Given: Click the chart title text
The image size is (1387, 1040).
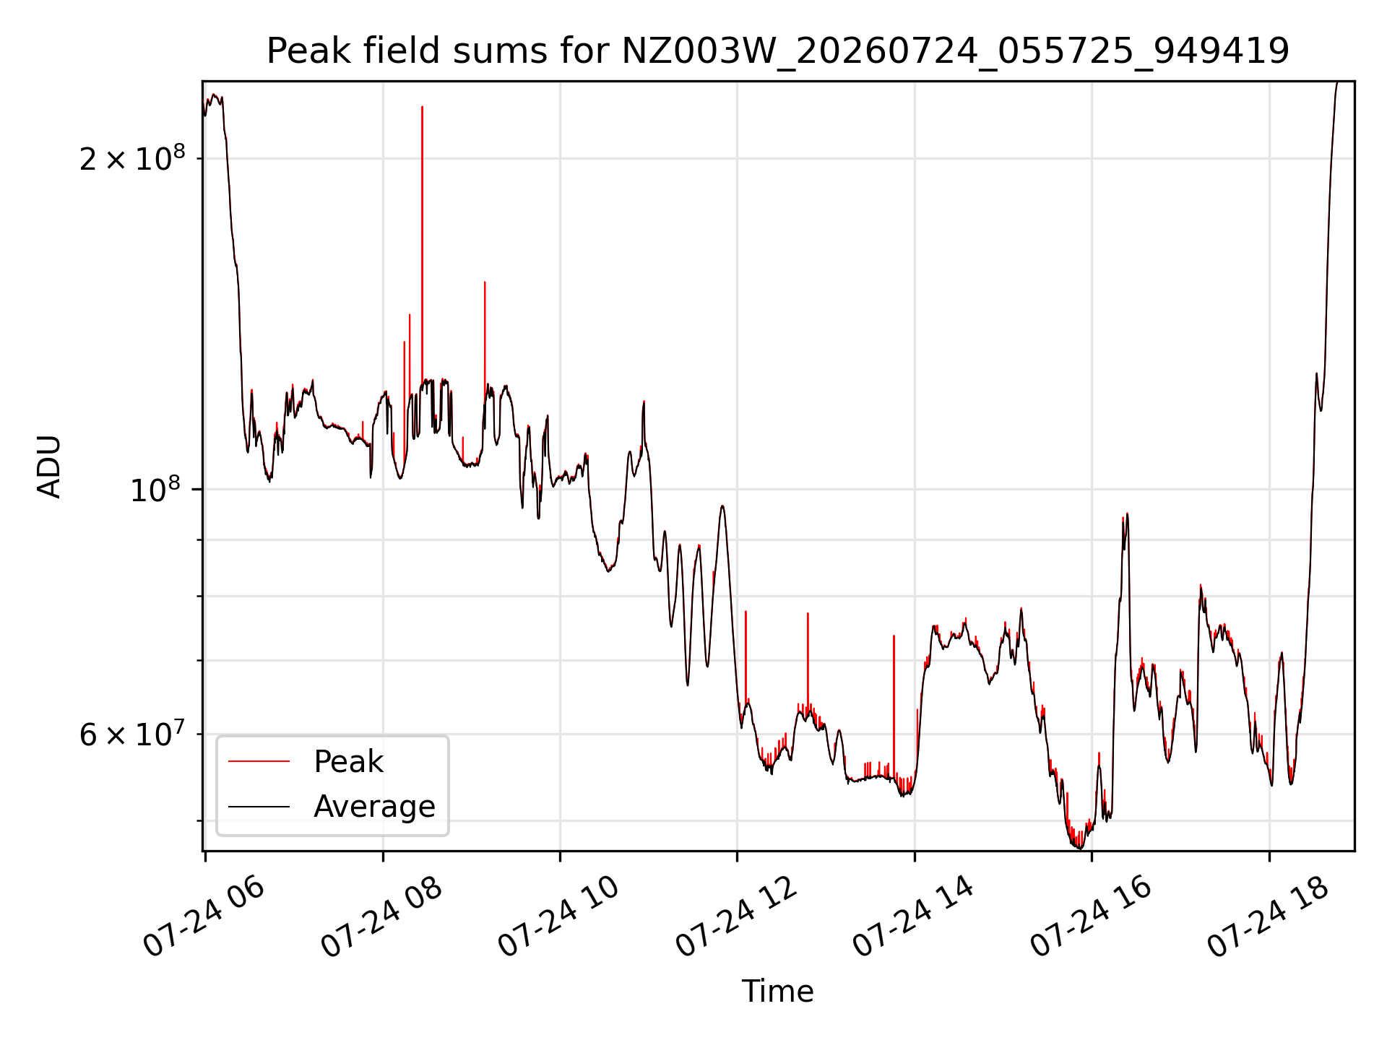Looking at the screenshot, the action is [778, 51].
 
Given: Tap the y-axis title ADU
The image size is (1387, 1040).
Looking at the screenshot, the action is [49, 467].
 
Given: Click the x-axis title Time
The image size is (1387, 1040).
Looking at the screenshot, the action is [778, 991].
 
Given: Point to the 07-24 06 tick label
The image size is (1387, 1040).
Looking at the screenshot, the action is [204, 916].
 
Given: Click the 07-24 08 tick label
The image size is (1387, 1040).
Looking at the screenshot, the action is [381, 916].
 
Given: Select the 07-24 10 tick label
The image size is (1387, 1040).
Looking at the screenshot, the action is [559, 916].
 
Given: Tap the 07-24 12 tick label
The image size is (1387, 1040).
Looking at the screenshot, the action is [736, 916].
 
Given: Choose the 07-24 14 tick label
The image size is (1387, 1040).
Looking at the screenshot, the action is [914, 916].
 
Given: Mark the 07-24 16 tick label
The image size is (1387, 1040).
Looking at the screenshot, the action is [1091, 916].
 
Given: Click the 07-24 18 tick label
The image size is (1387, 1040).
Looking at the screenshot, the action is [1269, 916].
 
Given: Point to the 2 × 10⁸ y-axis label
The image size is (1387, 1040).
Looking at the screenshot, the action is [132, 157].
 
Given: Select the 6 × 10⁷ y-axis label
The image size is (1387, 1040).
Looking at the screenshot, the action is [132, 734].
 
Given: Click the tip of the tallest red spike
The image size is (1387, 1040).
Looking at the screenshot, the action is [423, 106].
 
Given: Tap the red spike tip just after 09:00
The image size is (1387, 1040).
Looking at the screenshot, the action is [485, 282].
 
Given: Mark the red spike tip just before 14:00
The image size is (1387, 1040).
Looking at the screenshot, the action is [894, 636].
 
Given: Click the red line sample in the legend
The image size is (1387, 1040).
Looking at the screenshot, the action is [259, 761].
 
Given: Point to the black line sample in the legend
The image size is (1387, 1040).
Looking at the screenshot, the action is [259, 807].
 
